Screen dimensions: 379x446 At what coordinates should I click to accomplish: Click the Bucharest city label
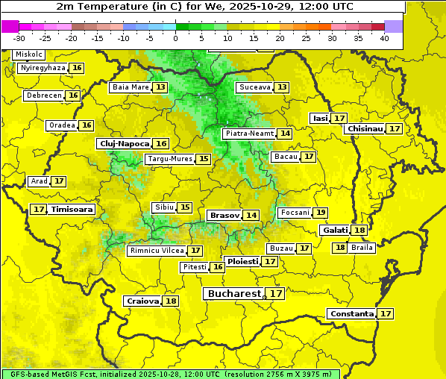(234, 294)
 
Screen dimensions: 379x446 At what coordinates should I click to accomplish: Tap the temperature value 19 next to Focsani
(321, 213)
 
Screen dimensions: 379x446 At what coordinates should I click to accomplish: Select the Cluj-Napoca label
(124, 143)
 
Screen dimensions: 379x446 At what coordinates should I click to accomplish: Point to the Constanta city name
(351, 314)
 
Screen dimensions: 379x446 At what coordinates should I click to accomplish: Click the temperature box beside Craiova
(171, 301)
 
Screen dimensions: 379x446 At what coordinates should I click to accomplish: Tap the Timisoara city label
(72, 210)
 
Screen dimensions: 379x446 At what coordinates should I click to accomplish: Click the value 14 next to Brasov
(251, 216)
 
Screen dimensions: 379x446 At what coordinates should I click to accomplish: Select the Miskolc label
(29, 54)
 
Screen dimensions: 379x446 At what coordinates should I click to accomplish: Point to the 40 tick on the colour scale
(384, 38)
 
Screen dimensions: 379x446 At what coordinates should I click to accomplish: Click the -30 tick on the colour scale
(19, 38)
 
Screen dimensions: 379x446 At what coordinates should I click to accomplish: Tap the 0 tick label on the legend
(175, 38)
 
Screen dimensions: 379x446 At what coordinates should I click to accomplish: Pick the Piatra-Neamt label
(249, 134)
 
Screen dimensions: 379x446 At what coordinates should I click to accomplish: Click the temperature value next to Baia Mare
(160, 87)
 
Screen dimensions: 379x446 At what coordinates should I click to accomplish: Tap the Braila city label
(362, 248)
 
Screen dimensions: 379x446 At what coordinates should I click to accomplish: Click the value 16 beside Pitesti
(218, 267)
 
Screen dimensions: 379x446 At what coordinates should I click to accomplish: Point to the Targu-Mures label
(169, 159)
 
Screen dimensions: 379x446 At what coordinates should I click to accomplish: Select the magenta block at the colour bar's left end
(10, 26)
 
